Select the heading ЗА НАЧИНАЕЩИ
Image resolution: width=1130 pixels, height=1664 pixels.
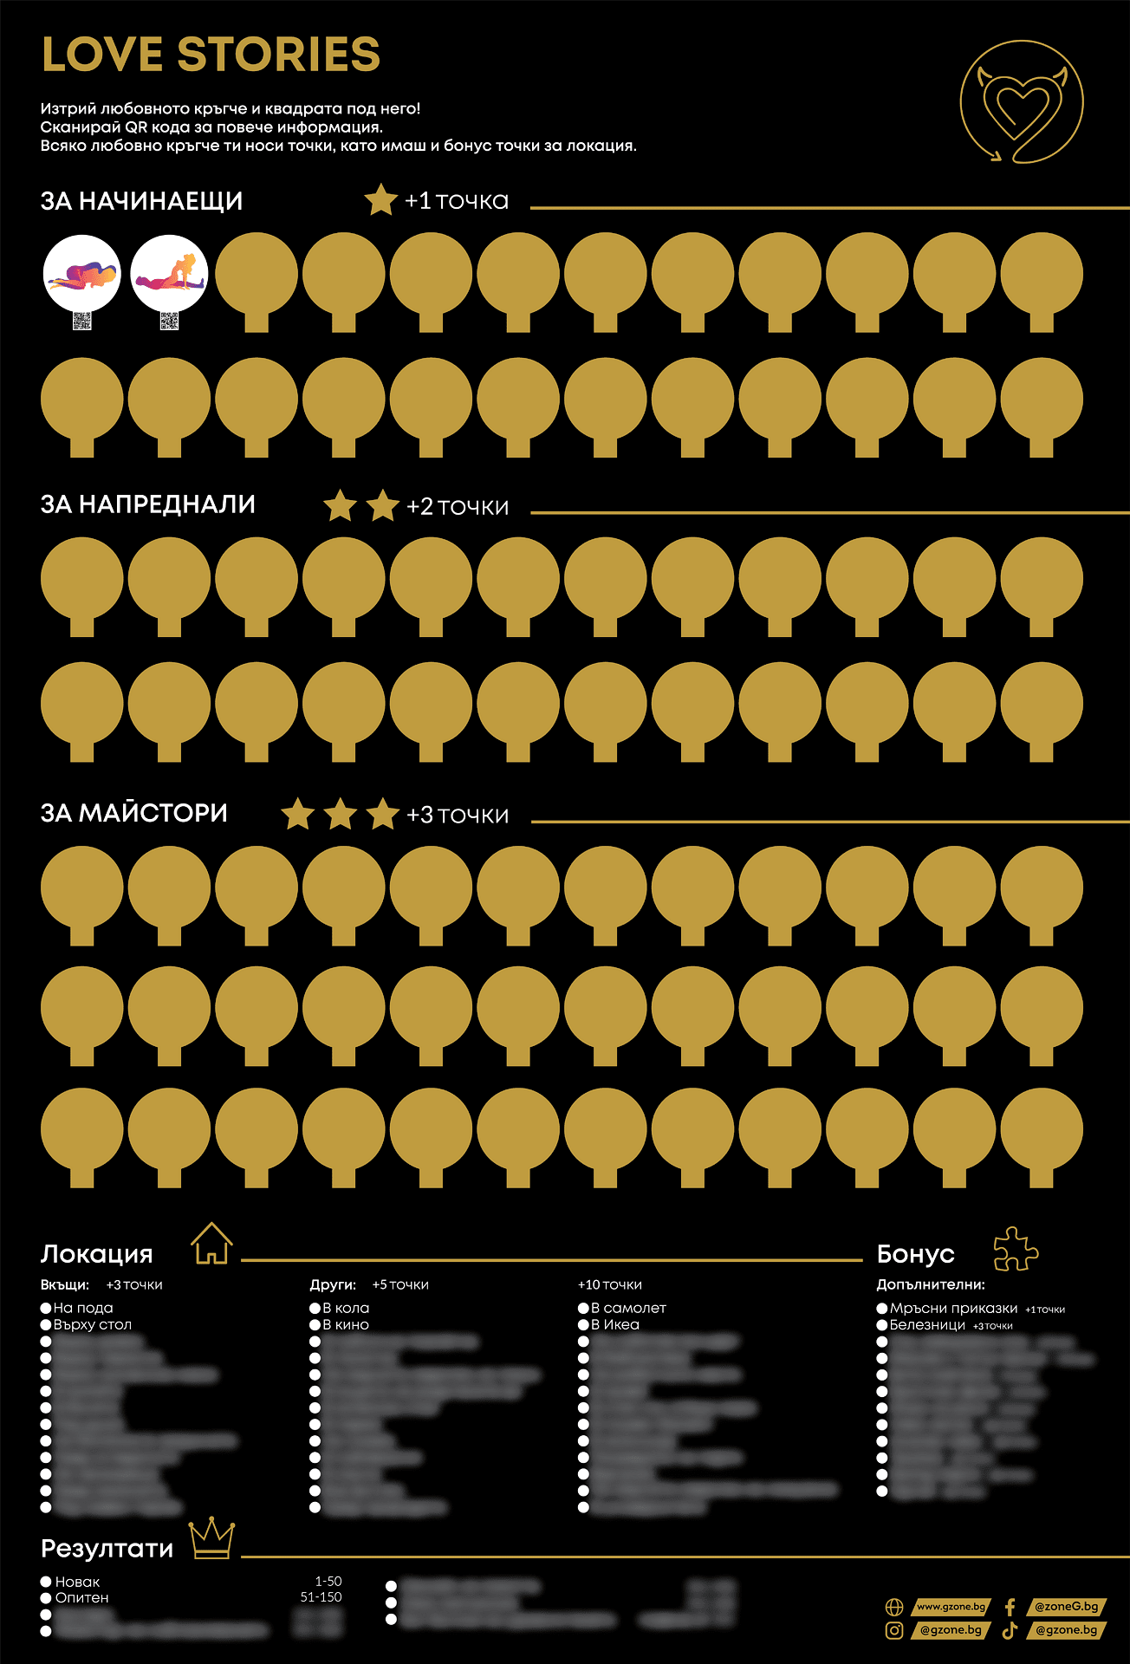coord(141,201)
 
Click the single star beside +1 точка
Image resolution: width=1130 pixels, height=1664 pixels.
coord(380,200)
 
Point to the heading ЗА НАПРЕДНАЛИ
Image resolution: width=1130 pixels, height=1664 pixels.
coord(147,504)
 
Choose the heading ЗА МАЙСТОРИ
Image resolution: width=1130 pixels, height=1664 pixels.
coord(133,813)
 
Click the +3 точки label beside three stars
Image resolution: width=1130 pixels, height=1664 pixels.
coord(458,816)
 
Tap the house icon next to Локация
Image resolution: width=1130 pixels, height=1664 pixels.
coord(211,1244)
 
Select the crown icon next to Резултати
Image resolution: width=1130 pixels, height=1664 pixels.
coord(211,1538)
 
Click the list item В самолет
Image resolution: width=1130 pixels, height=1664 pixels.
coord(628,1308)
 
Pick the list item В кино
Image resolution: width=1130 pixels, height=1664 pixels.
coord(346,1324)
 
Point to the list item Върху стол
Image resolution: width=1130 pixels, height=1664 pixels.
coord(92,1324)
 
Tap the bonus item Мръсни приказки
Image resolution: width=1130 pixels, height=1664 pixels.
coord(953,1308)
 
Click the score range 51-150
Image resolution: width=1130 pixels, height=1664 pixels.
coord(321,1596)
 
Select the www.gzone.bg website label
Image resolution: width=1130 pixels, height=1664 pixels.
coord(951,1607)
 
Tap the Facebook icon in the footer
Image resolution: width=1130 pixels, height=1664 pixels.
coord(1010,1607)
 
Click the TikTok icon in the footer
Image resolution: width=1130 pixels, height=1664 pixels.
coord(1010,1630)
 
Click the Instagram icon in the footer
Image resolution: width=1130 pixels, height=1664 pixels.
coord(893,1630)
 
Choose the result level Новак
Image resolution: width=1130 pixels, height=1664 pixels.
coord(77,1582)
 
